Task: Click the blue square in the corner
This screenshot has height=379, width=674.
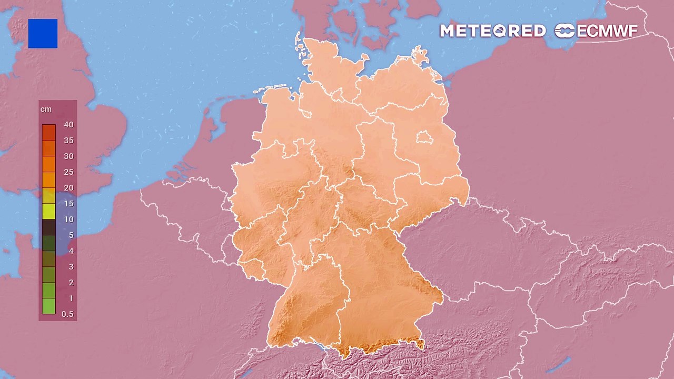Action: pyautogui.click(x=43, y=34)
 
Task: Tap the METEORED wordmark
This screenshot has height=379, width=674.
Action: pyautogui.click(x=492, y=31)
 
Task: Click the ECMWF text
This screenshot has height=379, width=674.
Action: pyautogui.click(x=607, y=31)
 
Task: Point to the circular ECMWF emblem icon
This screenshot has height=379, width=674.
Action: pyautogui.click(x=564, y=31)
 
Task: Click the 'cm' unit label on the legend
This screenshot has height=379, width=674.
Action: pyautogui.click(x=46, y=109)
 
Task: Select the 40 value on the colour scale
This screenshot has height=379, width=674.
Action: pyautogui.click(x=68, y=125)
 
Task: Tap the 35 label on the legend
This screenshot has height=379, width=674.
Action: pyautogui.click(x=68, y=141)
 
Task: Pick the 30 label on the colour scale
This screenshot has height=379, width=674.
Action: pyautogui.click(x=68, y=156)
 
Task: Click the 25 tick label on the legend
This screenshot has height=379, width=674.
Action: pyautogui.click(x=68, y=172)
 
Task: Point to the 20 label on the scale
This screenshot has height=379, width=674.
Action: pyautogui.click(x=68, y=188)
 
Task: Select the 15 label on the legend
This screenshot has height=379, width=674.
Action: pyautogui.click(x=68, y=204)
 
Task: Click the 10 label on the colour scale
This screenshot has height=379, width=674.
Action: pyautogui.click(x=68, y=220)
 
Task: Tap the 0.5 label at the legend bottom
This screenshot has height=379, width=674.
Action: pyautogui.click(x=67, y=314)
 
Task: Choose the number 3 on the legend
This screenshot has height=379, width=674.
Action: pyautogui.click(x=71, y=267)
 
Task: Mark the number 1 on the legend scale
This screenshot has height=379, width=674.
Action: pyautogui.click(x=71, y=298)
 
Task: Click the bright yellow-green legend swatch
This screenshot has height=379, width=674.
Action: pyautogui.click(x=48, y=212)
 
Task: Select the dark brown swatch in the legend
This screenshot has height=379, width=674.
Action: pyautogui.click(x=48, y=227)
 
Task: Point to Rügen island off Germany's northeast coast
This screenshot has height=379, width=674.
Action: pyautogui.click(x=420, y=55)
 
